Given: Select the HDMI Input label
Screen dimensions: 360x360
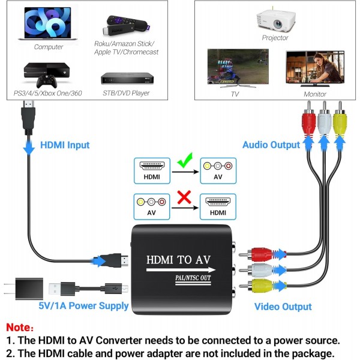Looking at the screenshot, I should [x=65, y=145].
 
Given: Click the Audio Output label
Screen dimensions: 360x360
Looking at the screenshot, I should [x=271, y=145].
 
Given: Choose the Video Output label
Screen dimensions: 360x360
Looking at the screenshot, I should [x=283, y=307].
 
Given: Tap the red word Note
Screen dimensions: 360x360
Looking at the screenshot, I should [x=20, y=328].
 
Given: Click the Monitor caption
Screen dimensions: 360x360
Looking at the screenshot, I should [x=315, y=94].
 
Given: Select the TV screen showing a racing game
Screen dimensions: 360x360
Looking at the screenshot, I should [x=235, y=70].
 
